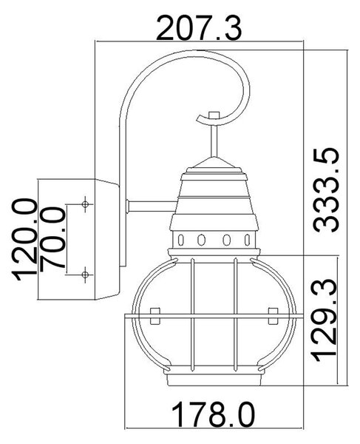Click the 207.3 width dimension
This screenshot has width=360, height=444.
(x=199, y=28)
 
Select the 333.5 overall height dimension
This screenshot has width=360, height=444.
(x=326, y=190)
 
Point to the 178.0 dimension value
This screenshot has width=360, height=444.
(x=213, y=416)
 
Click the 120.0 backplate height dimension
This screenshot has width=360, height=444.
(x=24, y=240)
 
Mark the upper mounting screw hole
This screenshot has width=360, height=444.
(x=85, y=204)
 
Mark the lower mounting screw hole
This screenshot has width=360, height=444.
(x=85, y=275)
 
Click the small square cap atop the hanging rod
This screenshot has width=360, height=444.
(x=214, y=115)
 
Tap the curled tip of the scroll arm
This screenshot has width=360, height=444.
(x=200, y=118)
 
